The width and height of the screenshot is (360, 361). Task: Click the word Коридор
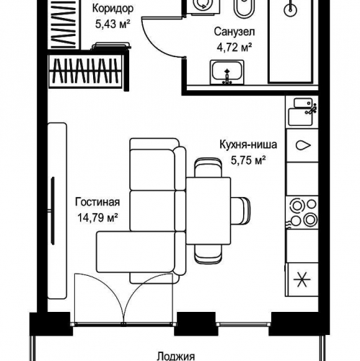pos(113,9)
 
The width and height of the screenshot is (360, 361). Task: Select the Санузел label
pos(234,32)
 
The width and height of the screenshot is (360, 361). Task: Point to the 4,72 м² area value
pos(234,48)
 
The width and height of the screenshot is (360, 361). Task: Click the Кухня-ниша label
pos(248,144)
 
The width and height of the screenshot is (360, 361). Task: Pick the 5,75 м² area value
pos(248,160)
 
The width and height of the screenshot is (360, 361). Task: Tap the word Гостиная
pos(97,202)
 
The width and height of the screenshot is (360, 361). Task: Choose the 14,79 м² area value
pos(97,218)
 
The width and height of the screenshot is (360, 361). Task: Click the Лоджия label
pos(176,357)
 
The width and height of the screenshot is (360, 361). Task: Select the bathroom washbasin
pos(227,72)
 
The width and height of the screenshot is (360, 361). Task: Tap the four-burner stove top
pos(303,212)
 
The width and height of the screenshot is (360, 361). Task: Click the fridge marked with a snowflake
pos(302,279)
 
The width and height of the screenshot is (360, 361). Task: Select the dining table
pos(208,211)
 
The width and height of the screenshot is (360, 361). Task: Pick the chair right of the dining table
pos(240,211)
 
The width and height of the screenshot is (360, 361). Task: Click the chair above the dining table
pos(208,168)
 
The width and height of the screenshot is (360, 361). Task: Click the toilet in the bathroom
pos(244,9)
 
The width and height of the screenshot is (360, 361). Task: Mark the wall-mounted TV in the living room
pos(53,211)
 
